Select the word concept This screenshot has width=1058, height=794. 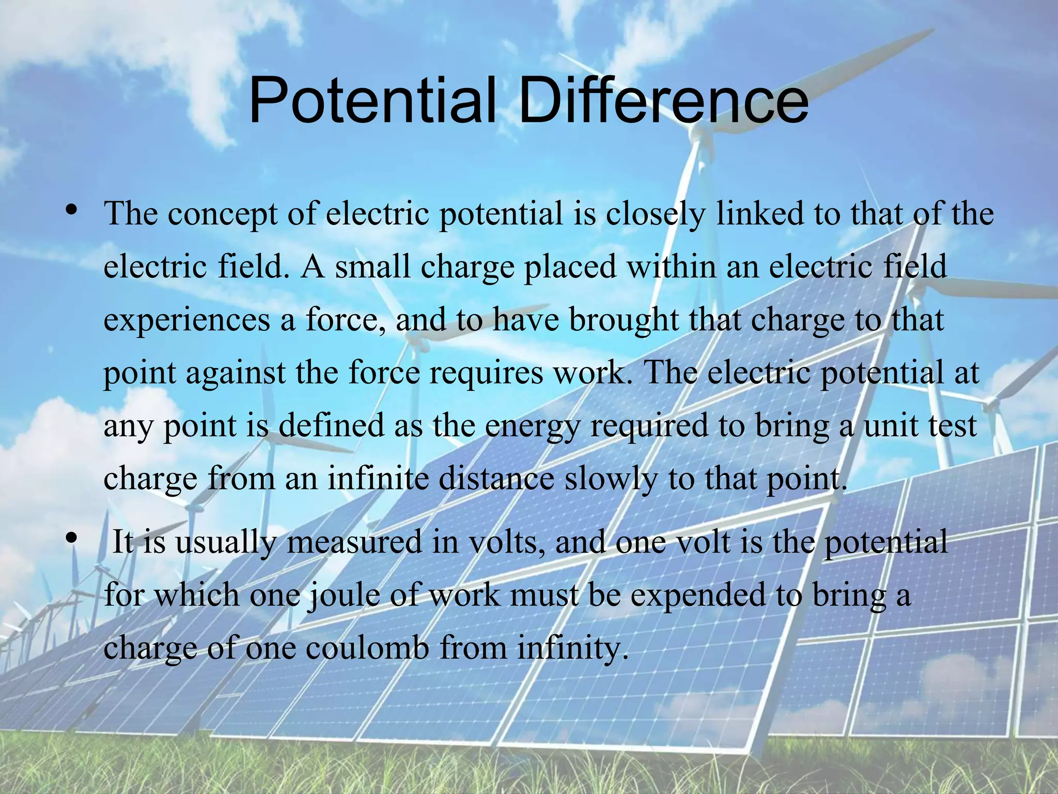point(223,215)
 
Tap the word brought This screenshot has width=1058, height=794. point(624,320)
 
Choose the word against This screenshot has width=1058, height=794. point(236,373)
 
